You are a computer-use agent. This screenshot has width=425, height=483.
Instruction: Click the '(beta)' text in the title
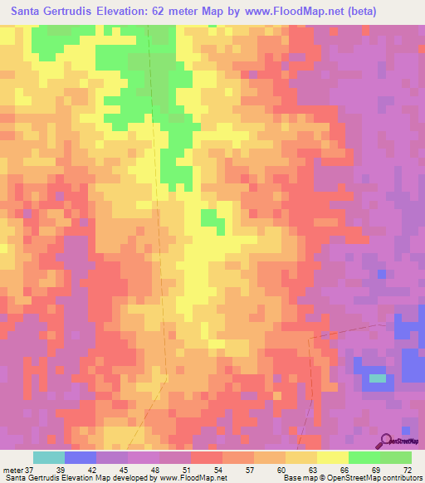(353, 12)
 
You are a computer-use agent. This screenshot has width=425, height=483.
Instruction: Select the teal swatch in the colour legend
(49, 457)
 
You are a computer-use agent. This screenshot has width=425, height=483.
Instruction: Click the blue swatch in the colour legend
(81, 457)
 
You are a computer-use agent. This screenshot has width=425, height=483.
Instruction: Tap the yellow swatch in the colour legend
(332, 457)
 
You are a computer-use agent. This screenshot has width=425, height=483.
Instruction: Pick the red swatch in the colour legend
(206, 457)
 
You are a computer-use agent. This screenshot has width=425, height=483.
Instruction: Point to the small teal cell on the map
(379, 378)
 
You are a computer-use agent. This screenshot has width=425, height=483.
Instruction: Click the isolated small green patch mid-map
(212, 219)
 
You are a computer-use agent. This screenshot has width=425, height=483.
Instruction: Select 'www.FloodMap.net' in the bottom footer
(193, 478)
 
